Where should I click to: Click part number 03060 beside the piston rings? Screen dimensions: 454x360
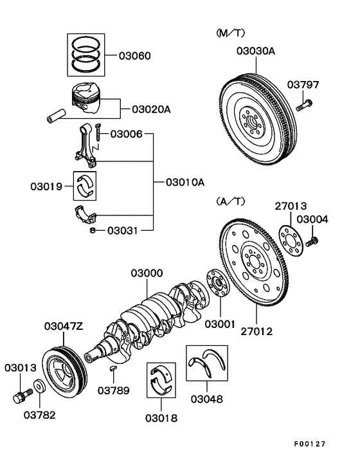point(134,56)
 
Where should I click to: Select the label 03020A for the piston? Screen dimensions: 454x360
point(151,109)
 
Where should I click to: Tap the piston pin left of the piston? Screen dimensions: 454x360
point(55,118)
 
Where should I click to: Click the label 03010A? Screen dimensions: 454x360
point(184,183)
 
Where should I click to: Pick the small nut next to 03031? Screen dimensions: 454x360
point(93,229)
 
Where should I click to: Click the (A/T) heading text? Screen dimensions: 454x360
point(230,201)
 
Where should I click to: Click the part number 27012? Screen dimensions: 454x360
point(255,332)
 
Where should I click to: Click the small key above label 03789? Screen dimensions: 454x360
point(113,368)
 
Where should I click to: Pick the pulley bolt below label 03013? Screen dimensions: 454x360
point(19,395)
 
